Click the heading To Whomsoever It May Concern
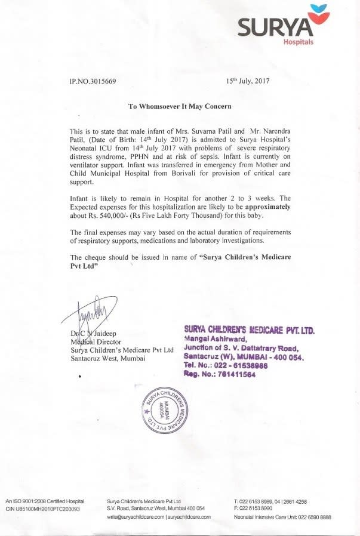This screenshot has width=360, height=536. point(180,106)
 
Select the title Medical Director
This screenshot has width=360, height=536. point(97,341)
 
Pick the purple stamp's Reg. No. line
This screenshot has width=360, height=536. point(220,375)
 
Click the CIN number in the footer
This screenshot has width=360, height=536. point(43,509)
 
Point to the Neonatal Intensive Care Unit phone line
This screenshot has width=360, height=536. point(282,517)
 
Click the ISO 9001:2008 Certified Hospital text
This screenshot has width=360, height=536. point(44,501)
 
